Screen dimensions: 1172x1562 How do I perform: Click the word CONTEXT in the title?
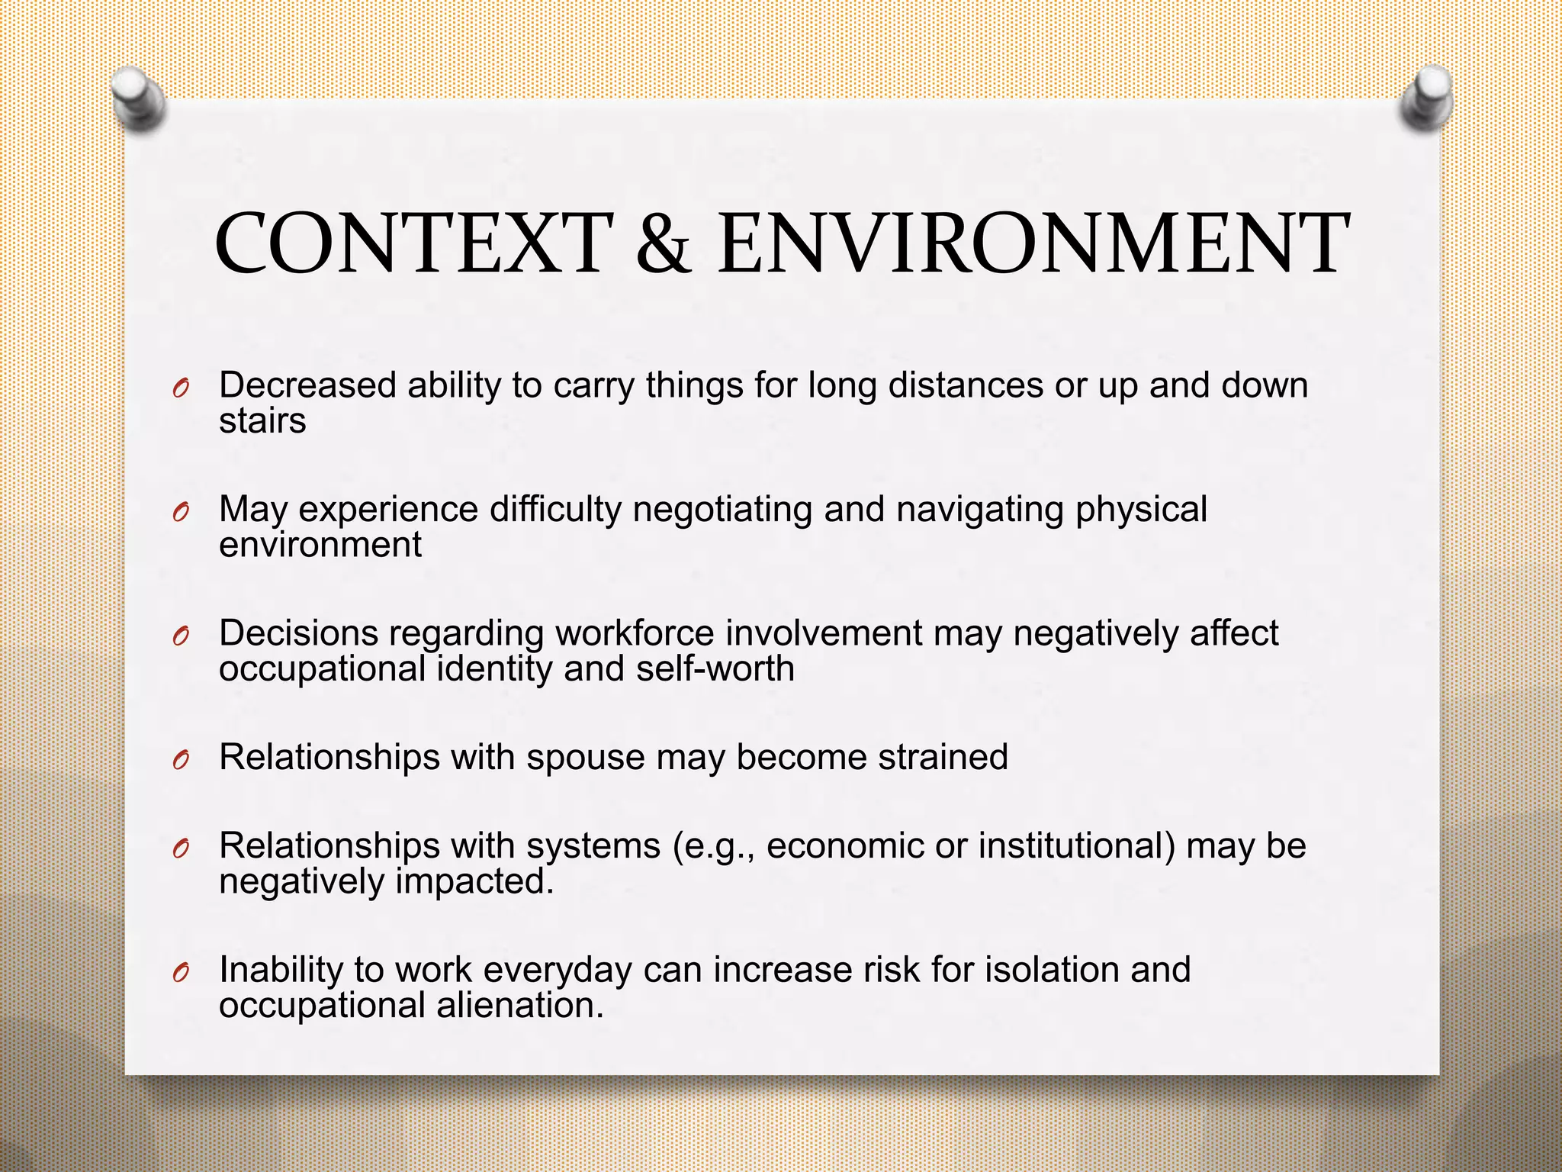tap(414, 244)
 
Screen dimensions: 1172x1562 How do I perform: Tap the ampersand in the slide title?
tap(664, 244)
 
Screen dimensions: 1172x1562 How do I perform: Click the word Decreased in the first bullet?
tap(307, 385)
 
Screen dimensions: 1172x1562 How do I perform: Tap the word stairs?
tap(262, 421)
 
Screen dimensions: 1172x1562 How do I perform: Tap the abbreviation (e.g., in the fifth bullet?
tap(714, 846)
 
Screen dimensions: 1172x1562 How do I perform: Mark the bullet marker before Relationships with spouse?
tap(180, 760)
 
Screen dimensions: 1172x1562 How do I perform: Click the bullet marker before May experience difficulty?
tap(180, 512)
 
